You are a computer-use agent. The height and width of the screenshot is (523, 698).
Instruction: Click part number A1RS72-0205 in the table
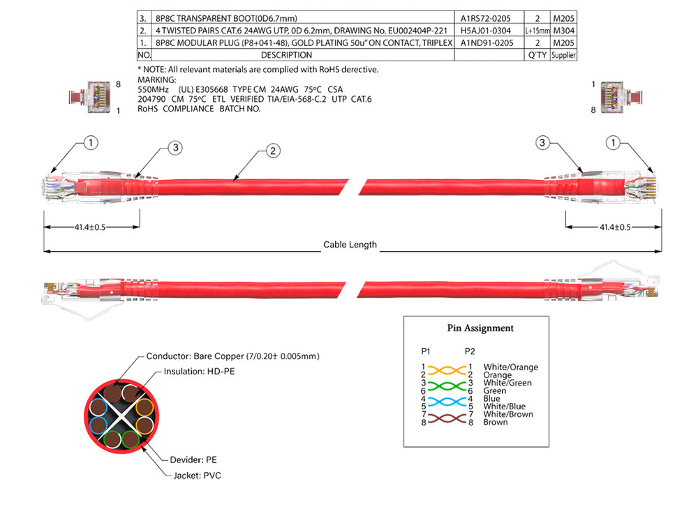pyautogui.click(x=487, y=19)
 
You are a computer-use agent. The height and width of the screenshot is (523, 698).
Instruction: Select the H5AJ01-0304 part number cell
pyautogui.click(x=487, y=31)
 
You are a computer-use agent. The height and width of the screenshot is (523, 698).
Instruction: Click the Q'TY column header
pyautogui.click(x=537, y=54)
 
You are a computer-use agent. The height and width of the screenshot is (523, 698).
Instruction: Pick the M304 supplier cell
pyautogui.click(x=563, y=31)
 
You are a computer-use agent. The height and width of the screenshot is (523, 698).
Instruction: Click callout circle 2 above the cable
pyautogui.click(x=274, y=150)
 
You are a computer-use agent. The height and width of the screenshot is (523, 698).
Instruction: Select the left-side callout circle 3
pyautogui.click(x=177, y=147)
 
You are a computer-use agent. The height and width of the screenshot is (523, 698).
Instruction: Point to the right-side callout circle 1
pyautogui.click(x=613, y=143)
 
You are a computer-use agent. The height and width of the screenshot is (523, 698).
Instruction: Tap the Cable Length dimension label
pyautogui.click(x=350, y=245)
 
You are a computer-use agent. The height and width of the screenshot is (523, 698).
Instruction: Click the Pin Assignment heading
pyautogui.click(x=480, y=328)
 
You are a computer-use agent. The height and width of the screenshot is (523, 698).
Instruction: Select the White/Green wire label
pyautogui.click(x=507, y=383)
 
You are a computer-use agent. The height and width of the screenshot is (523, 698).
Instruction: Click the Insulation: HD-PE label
pyautogui.click(x=199, y=372)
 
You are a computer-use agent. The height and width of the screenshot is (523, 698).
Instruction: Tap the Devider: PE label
pyautogui.click(x=193, y=460)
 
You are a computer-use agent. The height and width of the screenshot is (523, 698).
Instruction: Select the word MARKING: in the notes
pyautogui.click(x=158, y=80)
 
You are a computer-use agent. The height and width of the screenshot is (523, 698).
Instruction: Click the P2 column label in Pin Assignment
pyautogui.click(x=469, y=350)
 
